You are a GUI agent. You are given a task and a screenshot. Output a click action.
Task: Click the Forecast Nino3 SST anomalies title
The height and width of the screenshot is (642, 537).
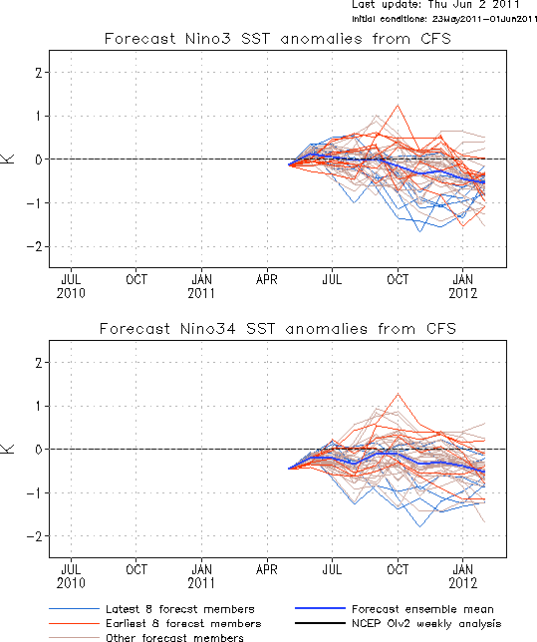tap(278, 39)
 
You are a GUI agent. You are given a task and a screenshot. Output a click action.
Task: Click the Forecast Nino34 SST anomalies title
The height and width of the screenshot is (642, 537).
tap(278, 329)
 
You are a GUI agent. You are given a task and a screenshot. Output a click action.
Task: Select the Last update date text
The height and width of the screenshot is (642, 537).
tap(435, 5)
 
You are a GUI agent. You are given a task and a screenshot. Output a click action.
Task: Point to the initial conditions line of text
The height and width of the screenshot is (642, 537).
tap(444, 19)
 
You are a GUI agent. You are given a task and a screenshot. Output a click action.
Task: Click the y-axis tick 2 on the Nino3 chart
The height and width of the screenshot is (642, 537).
tap(39, 73)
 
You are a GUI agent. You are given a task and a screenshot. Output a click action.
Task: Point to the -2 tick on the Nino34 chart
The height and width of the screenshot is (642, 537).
tap(35, 536)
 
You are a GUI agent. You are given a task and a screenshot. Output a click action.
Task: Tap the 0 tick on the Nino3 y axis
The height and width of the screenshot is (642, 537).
tap(39, 160)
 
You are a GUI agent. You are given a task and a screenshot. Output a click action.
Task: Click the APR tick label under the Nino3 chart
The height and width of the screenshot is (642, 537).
tap(267, 280)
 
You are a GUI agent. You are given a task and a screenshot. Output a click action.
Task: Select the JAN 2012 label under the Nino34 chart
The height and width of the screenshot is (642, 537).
tap(463, 576)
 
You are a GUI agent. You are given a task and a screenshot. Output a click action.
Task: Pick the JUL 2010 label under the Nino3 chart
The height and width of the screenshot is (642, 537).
tap(71, 286)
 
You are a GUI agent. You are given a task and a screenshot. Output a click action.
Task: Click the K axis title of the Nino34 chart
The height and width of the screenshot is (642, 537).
tap(8, 449)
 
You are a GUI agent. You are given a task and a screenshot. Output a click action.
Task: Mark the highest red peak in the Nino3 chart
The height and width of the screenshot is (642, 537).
tap(398, 106)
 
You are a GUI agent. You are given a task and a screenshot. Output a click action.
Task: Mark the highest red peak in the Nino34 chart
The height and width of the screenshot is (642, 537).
tap(398, 394)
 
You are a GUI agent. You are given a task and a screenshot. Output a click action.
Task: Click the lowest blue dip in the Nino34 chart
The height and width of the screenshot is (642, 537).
tap(419, 526)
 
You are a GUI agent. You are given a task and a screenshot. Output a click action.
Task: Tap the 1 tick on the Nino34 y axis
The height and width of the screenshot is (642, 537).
tap(39, 406)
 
